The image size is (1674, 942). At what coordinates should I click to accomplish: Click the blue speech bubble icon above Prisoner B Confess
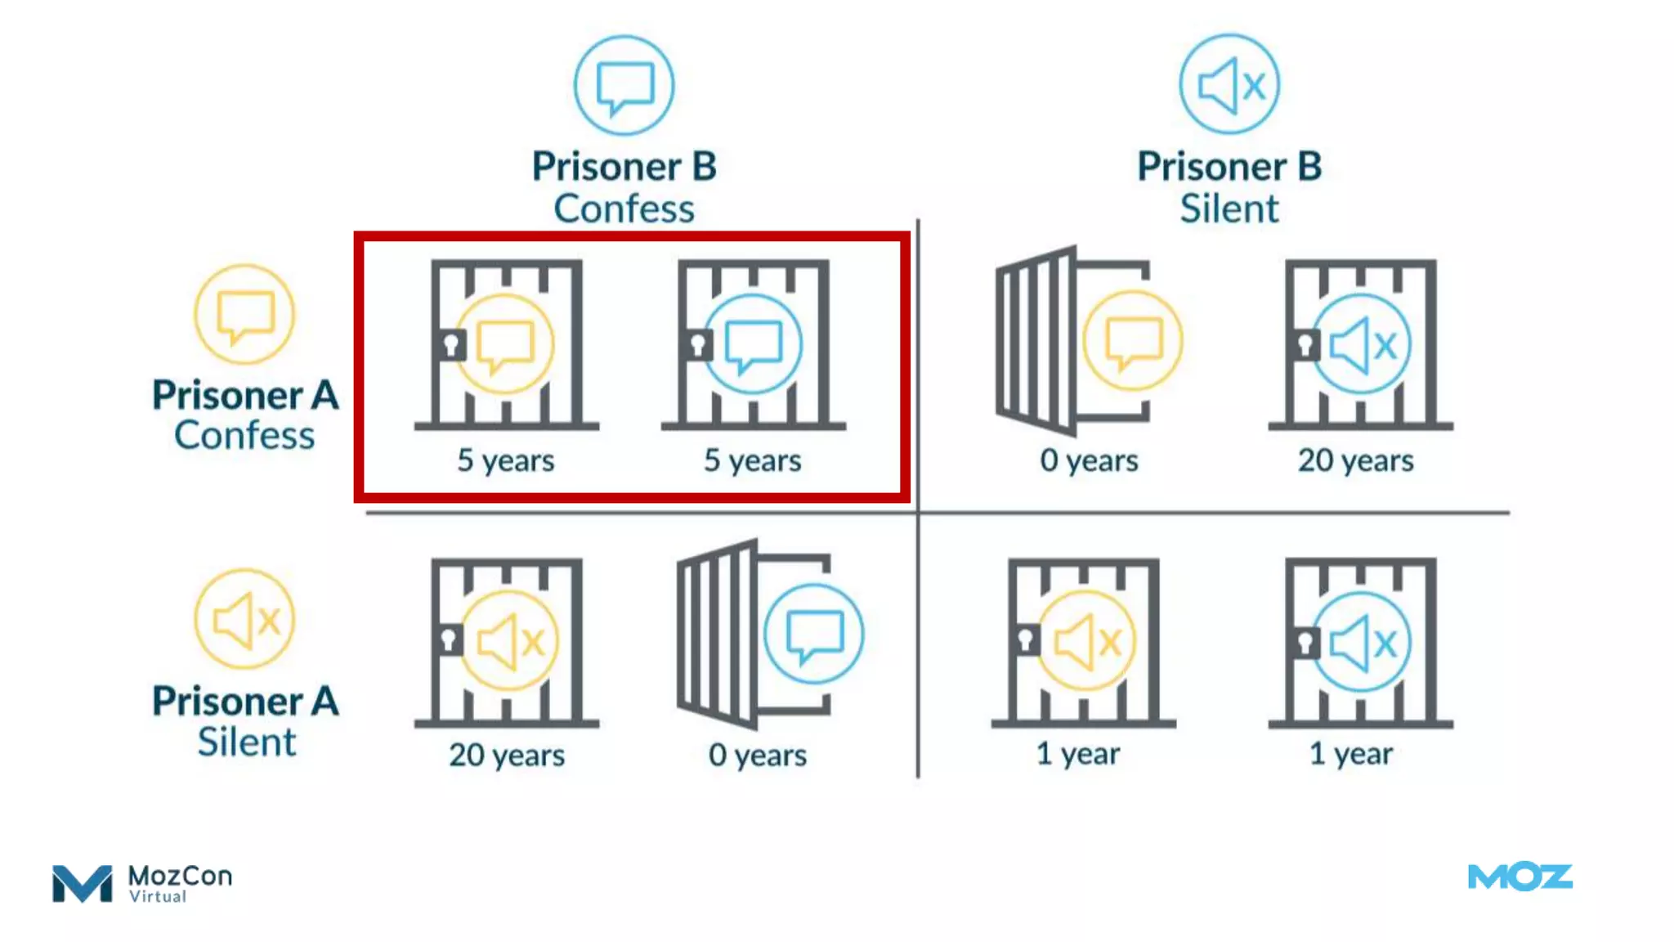[624, 85]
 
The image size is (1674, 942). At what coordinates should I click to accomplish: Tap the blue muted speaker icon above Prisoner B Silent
[1229, 84]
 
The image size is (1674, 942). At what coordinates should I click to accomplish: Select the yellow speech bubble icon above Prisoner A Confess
[244, 315]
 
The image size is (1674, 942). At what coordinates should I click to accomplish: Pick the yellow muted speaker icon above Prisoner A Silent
[244, 620]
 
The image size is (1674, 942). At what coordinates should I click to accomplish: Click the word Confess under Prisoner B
[624, 209]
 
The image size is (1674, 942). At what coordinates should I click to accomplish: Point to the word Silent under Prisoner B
[1229, 209]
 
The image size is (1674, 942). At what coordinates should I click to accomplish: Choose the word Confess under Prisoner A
[244, 435]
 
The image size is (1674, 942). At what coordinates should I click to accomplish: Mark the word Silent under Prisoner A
[246, 742]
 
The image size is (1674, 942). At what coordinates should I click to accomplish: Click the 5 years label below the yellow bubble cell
[506, 460]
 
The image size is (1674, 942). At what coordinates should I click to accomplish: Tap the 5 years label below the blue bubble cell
[753, 460]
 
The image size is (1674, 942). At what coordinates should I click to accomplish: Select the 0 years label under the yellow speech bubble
[1089, 460]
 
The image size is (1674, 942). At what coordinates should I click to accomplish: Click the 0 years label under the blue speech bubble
[758, 755]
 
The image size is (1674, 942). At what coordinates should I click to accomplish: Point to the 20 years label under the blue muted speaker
[1356, 460]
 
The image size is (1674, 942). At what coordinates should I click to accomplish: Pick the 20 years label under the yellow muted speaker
[507, 755]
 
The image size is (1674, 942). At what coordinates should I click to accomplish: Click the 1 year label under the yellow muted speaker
[1078, 753]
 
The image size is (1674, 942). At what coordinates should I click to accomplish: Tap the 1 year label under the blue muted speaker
[1351, 753]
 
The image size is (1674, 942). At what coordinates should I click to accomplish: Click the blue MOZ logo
[1520, 877]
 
